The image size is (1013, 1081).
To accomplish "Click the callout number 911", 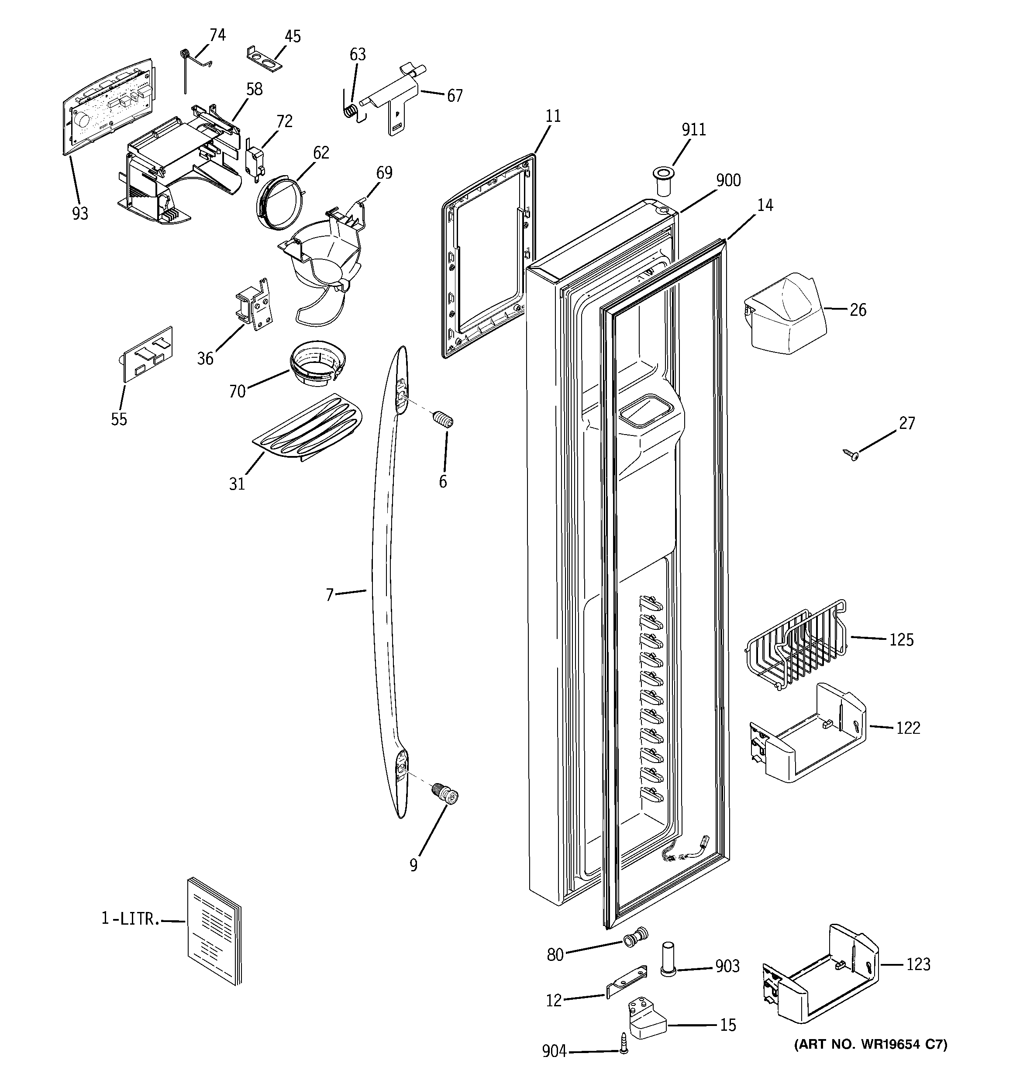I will coord(693,129).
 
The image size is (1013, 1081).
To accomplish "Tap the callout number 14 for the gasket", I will coord(765,205).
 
